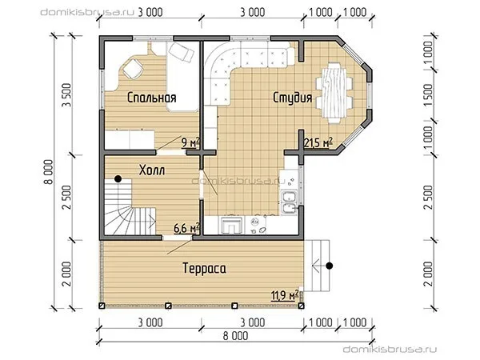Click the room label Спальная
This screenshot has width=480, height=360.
point(151,98)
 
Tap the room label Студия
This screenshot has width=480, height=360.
point(292,98)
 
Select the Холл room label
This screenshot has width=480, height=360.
point(152,170)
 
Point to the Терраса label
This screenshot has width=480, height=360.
point(205,268)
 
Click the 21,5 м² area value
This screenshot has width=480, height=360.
point(318,142)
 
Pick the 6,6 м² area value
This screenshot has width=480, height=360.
point(186,228)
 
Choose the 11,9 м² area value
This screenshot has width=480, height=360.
point(285,295)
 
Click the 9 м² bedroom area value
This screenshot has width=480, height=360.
point(190,142)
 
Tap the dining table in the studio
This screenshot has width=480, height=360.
point(334,93)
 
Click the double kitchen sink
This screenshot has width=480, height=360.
point(289,202)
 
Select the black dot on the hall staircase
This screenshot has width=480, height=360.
point(118,178)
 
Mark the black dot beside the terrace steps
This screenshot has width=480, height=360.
point(329,266)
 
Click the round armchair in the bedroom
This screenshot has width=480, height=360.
point(133,69)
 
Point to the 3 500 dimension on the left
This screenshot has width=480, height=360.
point(66,95)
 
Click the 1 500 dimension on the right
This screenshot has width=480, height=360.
point(428,95)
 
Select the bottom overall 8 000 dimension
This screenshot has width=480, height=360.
point(235,336)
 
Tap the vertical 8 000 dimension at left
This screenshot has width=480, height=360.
point(48,172)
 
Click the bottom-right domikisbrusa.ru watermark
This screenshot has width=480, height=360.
point(390,350)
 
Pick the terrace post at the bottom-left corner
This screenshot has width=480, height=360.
point(102,306)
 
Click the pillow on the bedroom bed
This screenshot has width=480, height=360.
point(182,52)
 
